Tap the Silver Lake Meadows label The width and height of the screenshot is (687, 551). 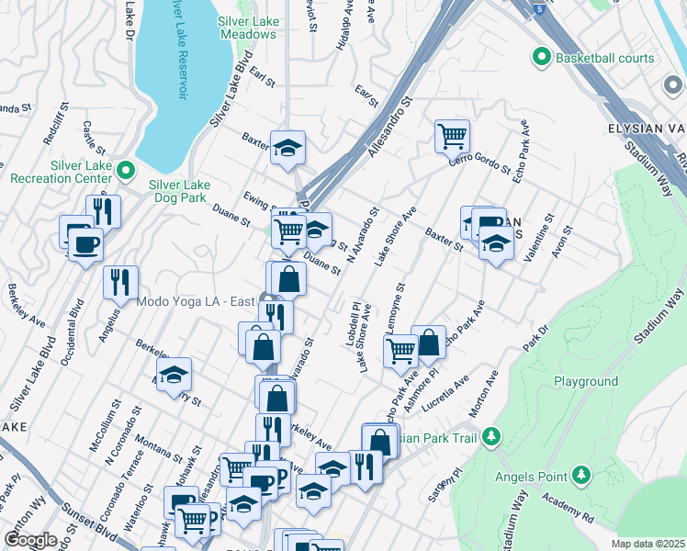coord(247,28)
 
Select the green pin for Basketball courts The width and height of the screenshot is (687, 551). coord(540,58)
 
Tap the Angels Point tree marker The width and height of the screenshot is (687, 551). coord(580,474)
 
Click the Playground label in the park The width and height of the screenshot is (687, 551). coord(585,381)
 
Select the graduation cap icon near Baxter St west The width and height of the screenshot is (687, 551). coord(287,148)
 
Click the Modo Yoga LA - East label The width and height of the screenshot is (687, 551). coord(195,301)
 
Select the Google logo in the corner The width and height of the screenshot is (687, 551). coord(30,540)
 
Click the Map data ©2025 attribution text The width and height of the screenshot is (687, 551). coord(648,544)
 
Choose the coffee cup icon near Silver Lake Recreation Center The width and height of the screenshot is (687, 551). coord(85,245)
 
